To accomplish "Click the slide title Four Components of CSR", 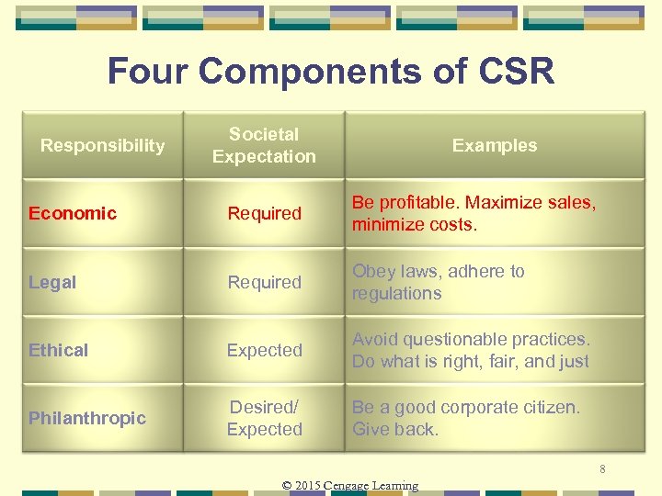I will [331, 71].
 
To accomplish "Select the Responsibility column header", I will [103, 145].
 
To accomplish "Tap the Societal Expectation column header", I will [264, 145].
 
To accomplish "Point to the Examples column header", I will [495, 145].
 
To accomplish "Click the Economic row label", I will [73, 213].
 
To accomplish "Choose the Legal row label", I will [52, 282].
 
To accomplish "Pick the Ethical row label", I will [59, 350].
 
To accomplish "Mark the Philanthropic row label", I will [87, 418].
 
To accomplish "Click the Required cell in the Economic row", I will [264, 213].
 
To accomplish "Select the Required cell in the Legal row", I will [264, 282].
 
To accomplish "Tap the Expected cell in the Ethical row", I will [264, 350].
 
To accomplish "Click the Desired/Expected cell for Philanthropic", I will [264, 418].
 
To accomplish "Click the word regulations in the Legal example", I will [396, 294].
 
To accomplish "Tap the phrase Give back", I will [395, 429].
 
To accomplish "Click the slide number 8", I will [602, 470].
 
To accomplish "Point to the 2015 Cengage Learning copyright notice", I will [349, 485].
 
